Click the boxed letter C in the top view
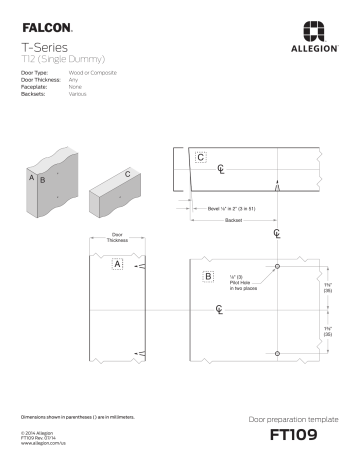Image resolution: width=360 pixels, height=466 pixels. tap(202, 157)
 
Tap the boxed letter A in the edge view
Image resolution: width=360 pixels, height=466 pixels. tap(117, 264)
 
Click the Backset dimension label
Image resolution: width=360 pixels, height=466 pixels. tap(234, 219)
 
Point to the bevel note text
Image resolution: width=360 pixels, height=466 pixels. tap(231, 208)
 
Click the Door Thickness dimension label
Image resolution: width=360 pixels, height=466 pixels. tap(117, 238)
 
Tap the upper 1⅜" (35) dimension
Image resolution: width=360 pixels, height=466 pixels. tap(328, 288)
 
